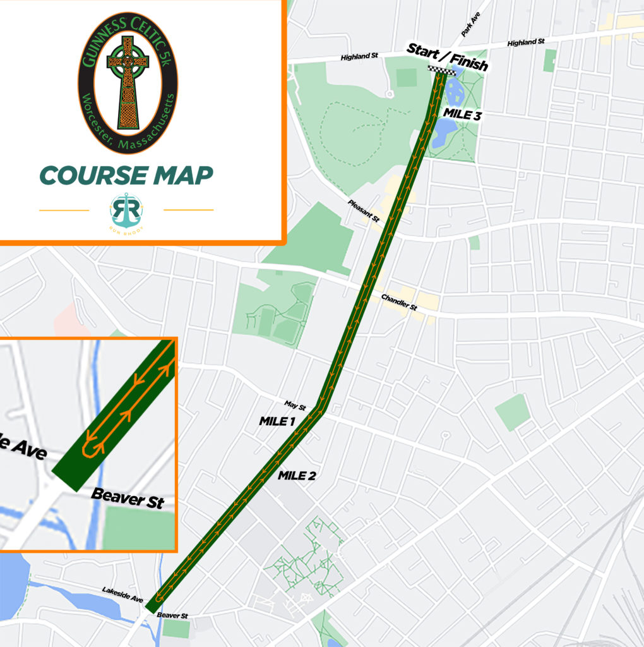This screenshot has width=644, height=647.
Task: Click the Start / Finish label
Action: point(447,56)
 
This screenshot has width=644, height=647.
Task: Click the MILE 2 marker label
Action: point(296,476)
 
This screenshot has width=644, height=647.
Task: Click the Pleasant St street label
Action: point(363,210)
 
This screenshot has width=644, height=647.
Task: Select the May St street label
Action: point(295,405)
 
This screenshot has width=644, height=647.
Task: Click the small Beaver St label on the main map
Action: point(172,615)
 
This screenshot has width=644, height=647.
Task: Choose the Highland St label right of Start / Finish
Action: point(525,42)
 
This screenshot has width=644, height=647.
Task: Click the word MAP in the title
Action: point(183,176)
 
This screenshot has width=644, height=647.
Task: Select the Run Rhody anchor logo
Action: point(126,212)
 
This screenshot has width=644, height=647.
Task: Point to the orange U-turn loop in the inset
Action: point(93,447)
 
